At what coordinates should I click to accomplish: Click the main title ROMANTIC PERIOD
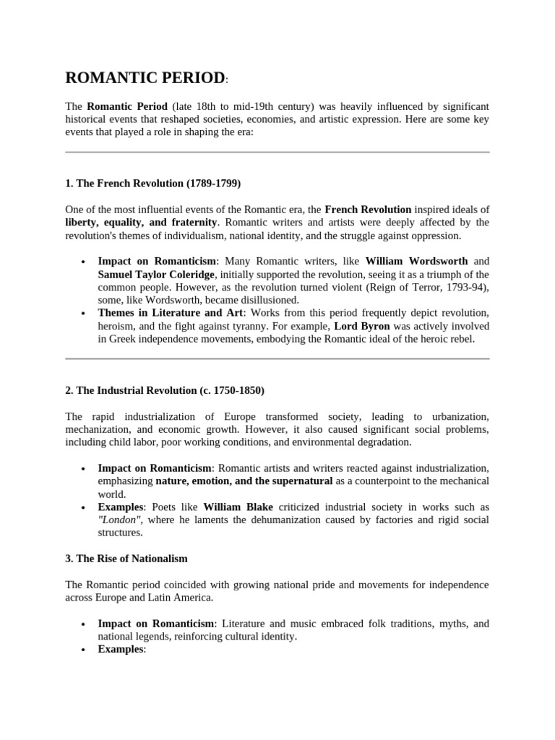click(145, 78)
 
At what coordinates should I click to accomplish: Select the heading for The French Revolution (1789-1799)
click(152, 183)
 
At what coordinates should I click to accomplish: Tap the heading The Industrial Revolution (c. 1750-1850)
click(165, 390)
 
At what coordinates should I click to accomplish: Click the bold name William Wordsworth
click(416, 261)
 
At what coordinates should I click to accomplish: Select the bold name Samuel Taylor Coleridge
click(156, 275)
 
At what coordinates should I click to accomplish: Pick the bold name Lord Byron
click(362, 326)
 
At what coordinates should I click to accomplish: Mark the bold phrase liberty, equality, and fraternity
click(141, 222)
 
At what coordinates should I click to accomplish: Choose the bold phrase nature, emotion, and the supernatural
click(244, 481)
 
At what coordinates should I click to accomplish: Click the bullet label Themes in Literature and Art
click(171, 313)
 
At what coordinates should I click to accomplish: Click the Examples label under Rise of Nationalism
click(121, 650)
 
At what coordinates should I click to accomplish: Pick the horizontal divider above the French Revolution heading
click(277, 152)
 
